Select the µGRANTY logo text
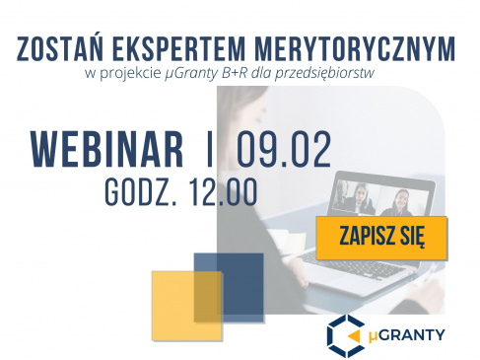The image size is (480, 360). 407,333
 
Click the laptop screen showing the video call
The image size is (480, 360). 375,196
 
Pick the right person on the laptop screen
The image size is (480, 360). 401,201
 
